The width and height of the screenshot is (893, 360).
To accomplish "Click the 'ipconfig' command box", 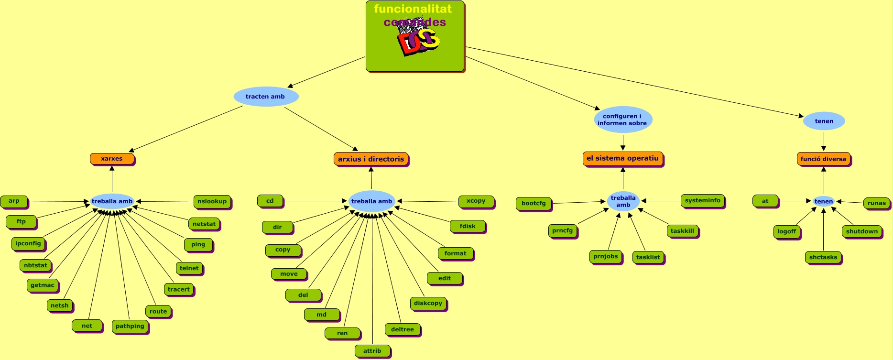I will click(x=28, y=243).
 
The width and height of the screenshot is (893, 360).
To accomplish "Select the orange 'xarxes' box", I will click(x=112, y=159).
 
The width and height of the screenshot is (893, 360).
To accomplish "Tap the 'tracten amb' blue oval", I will click(x=265, y=97).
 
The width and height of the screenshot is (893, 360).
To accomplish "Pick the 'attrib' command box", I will click(x=372, y=351).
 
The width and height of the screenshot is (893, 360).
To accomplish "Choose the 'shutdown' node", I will click(x=862, y=231).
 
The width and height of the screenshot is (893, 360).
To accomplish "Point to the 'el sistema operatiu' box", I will click(x=622, y=158).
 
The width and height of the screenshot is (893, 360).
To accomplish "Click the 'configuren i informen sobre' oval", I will click(x=622, y=120).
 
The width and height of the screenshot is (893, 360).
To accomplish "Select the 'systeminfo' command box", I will click(x=702, y=201).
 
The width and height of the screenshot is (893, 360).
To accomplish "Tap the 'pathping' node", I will click(x=130, y=326).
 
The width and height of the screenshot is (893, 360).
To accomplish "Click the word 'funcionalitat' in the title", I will click(x=413, y=9).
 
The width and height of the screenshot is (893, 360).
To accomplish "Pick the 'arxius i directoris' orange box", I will click(x=371, y=159).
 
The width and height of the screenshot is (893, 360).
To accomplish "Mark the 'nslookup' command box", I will click(x=212, y=201).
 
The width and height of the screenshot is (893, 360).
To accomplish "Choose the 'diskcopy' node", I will click(x=428, y=303).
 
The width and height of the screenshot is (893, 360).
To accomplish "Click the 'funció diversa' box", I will click(x=823, y=159).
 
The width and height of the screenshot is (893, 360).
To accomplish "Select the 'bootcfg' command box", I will click(x=534, y=203).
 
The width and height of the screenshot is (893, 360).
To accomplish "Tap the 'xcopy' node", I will click(x=476, y=201).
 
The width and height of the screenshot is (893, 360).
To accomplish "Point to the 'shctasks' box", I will click(x=823, y=257).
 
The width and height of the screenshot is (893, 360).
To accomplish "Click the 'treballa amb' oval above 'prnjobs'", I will click(x=623, y=201).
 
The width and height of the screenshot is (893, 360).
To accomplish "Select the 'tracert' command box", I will click(x=179, y=289).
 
